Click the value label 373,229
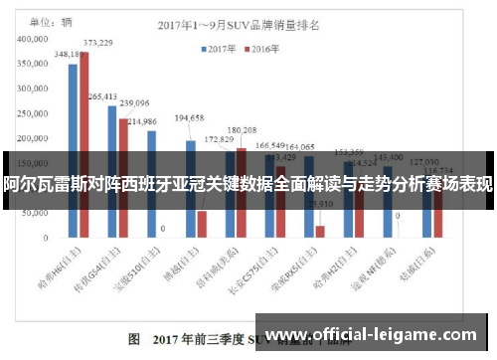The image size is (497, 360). [x=97, y=43]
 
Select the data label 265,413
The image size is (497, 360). [x=103, y=96]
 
